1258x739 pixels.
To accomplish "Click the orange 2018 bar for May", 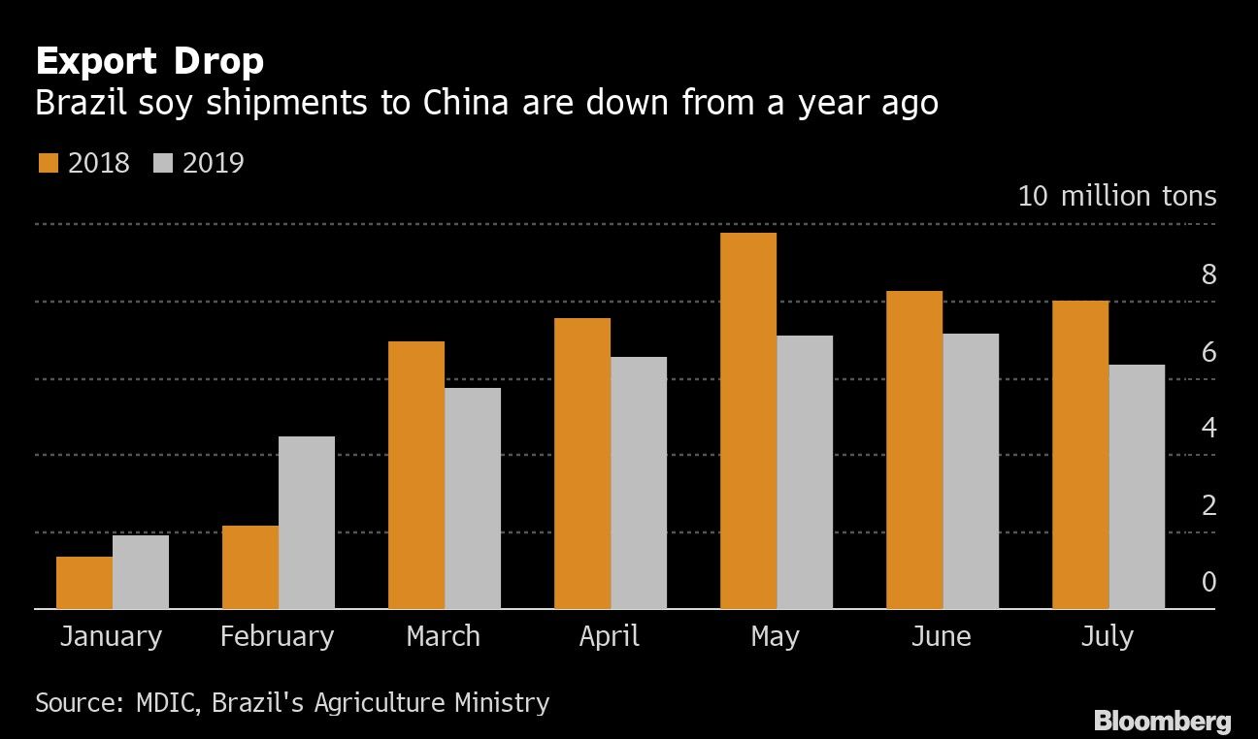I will (x=748, y=421).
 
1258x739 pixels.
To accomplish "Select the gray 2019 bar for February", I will (x=307, y=523).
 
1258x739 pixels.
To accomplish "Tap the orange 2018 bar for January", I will (x=84, y=583).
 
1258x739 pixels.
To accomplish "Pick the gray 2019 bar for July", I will (x=1137, y=487).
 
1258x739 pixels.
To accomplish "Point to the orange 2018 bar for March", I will (x=416, y=475).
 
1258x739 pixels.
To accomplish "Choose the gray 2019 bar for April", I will (x=639, y=483).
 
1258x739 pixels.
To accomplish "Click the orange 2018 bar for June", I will (x=914, y=450).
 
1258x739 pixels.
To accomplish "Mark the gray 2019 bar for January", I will (x=141, y=572).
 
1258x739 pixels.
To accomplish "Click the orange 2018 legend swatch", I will (x=49, y=162).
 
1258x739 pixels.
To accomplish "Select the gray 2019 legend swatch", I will (x=163, y=162).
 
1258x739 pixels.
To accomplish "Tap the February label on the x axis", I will (x=277, y=636).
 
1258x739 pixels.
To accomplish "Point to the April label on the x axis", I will (x=610, y=636).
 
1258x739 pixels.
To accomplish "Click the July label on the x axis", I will (x=1107, y=636).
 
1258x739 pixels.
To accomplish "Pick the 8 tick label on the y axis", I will (x=1208, y=274).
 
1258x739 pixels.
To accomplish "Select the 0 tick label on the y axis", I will (x=1208, y=582).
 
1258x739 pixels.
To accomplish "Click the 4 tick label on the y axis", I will (x=1208, y=428).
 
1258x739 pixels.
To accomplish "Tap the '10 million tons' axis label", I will (x=1116, y=196).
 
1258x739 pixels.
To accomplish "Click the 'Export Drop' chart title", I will (x=149, y=62).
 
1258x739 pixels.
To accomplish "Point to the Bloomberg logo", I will (x=1162, y=721).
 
